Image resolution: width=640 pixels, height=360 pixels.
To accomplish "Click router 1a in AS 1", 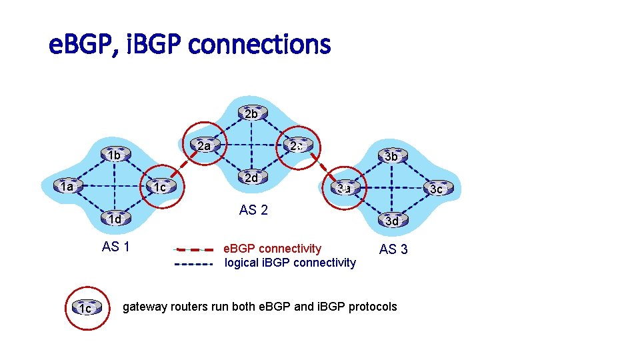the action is [x=66, y=187].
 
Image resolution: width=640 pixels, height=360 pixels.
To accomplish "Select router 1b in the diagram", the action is [x=114, y=155].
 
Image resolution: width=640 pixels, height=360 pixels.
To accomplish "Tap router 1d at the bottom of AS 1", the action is [x=114, y=219].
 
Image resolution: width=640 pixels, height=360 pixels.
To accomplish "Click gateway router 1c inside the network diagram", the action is [x=159, y=187].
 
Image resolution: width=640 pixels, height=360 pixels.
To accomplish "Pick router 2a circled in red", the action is [x=204, y=145].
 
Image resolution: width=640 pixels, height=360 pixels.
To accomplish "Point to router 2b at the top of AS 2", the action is [x=251, y=114].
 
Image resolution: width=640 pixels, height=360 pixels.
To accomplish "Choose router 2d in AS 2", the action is [x=251, y=178].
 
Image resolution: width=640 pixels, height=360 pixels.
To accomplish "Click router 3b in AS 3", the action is [x=391, y=157].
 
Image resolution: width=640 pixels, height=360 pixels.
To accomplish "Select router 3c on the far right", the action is [x=436, y=189].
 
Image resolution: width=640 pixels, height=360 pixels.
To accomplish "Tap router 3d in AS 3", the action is [x=392, y=221].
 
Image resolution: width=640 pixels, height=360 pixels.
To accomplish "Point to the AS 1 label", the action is [x=115, y=247].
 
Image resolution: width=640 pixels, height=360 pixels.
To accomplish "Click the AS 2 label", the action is [x=253, y=211].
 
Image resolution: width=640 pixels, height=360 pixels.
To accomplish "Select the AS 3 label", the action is [x=393, y=249].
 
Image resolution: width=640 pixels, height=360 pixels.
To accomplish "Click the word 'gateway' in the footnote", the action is [x=143, y=307].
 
